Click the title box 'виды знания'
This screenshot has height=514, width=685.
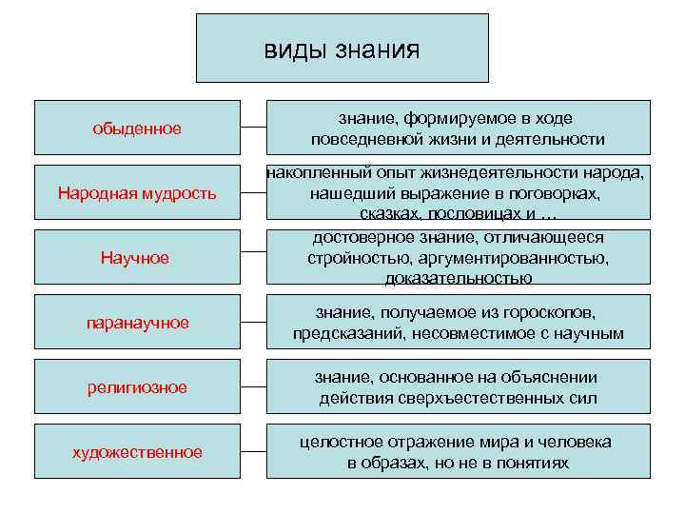[x=342, y=48]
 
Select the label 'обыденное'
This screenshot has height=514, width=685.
[x=137, y=128]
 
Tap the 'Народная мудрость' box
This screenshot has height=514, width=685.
[x=137, y=192]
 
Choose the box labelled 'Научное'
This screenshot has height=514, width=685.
[x=137, y=257]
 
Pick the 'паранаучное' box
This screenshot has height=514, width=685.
[x=137, y=322]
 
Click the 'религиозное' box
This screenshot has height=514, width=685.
[x=137, y=386]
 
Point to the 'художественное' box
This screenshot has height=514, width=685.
[x=137, y=451]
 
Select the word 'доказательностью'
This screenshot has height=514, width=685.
[x=459, y=278]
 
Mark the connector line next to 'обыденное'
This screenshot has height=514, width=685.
[x=252, y=127]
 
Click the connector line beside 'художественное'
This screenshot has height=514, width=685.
[x=252, y=451]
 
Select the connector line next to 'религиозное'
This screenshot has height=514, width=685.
[x=252, y=386]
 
